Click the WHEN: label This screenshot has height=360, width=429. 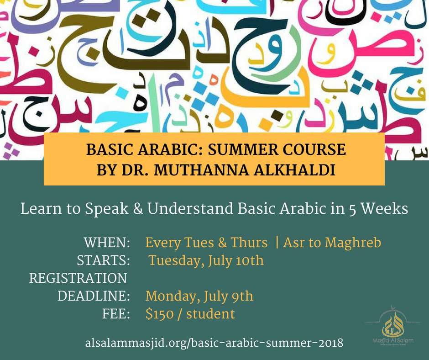click(107, 242)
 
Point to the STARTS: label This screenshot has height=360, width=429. click(102, 260)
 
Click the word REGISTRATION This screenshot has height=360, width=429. click(78, 278)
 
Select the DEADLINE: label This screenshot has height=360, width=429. click(94, 296)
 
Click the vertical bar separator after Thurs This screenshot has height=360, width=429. click(277, 242)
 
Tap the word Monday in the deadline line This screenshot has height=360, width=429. click(170, 296)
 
